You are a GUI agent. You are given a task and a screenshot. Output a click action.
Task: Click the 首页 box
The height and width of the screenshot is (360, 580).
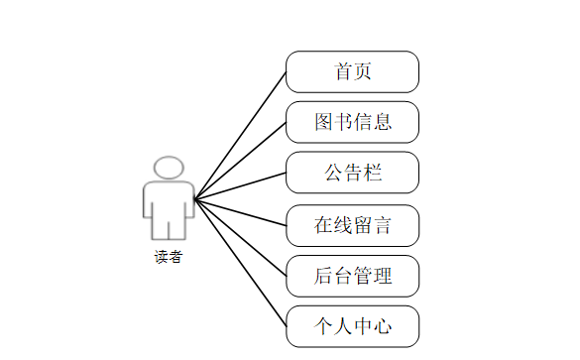(352, 71)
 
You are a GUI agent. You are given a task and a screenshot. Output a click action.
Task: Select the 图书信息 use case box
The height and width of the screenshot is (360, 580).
(352, 122)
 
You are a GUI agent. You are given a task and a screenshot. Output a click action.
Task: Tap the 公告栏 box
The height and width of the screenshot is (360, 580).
(352, 174)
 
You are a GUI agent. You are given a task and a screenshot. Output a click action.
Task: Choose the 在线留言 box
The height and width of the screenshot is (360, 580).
(352, 225)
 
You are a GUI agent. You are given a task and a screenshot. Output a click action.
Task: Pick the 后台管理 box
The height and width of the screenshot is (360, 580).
(352, 276)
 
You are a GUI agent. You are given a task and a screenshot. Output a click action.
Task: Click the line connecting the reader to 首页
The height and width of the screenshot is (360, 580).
(241, 135)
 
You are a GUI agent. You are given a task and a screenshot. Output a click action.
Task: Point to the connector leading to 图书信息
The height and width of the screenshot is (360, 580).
(241, 161)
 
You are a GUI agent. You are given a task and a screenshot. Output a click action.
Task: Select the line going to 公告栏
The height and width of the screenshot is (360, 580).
(241, 186)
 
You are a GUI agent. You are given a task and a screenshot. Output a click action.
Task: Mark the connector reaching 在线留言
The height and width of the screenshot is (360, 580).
(241, 212)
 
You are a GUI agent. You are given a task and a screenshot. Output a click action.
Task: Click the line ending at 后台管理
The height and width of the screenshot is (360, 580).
(241, 238)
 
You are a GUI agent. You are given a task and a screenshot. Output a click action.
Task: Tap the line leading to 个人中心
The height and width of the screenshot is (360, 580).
(241, 264)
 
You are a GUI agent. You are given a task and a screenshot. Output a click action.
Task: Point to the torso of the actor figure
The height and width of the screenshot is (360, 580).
(168, 203)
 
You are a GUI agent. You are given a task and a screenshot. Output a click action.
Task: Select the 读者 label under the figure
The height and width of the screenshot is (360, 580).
(168, 257)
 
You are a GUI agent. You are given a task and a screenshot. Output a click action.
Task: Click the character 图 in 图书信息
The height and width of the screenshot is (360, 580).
(323, 122)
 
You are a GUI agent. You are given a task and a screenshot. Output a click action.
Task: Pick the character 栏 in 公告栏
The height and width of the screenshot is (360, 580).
(373, 174)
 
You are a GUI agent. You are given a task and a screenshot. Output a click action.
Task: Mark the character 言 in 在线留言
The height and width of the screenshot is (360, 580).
(382, 225)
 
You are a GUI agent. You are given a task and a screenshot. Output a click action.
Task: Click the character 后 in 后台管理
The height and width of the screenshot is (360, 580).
(323, 276)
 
